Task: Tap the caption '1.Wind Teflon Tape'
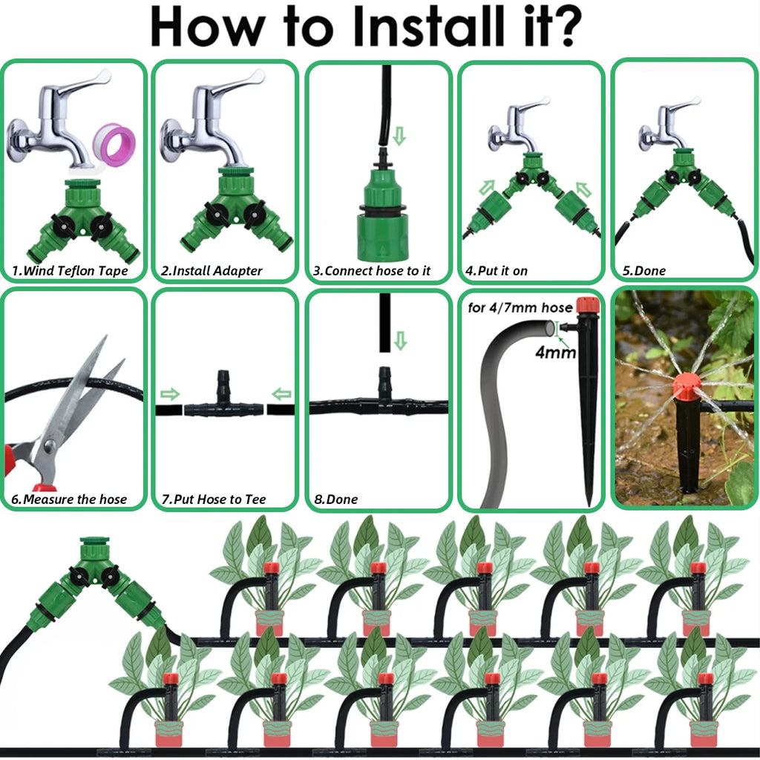pyautogui.click(x=70, y=271)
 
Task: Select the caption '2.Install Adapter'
pyautogui.click(x=212, y=271)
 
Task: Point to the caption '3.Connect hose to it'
pyautogui.click(x=372, y=271)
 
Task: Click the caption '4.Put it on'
pyautogui.click(x=497, y=271)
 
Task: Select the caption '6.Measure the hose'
pyautogui.click(x=69, y=499)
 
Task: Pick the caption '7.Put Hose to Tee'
pyautogui.click(x=214, y=499)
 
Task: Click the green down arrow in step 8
pyautogui.click(x=401, y=341)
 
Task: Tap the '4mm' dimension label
pyautogui.click(x=555, y=353)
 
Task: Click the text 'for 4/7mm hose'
pyautogui.click(x=520, y=307)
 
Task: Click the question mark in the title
pyautogui.click(x=565, y=28)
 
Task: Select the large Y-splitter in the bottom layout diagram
pyautogui.click(x=95, y=579)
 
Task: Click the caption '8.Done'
pyautogui.click(x=335, y=499)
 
